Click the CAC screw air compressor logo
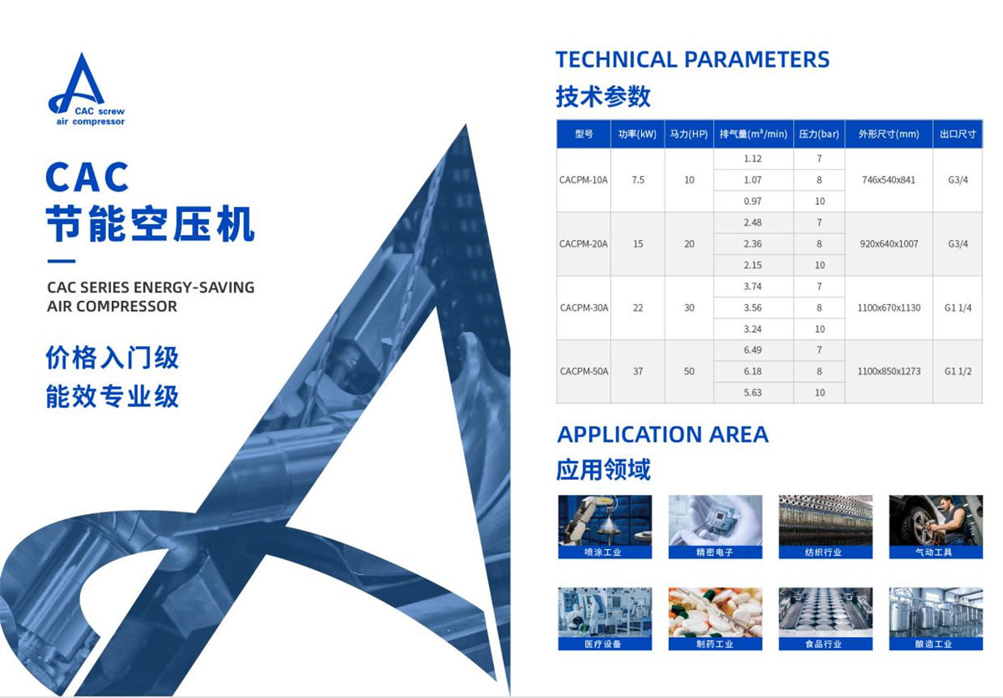click(x=85, y=89)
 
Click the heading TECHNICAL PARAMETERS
click(x=692, y=59)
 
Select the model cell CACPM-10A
click(x=583, y=180)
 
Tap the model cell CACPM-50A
click(x=584, y=371)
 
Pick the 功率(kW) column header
click(x=637, y=134)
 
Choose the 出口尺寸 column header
click(x=958, y=134)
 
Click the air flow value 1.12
click(x=753, y=159)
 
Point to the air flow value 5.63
click(x=753, y=393)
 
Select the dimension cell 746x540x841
click(x=888, y=180)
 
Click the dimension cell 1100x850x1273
click(x=888, y=371)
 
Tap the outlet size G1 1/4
click(x=958, y=308)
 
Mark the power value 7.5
click(x=638, y=180)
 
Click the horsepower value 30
click(x=689, y=308)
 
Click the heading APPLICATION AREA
click(x=663, y=435)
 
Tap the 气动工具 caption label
click(x=936, y=552)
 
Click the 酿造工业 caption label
click(x=936, y=644)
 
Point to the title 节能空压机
click(x=150, y=224)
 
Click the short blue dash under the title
click(x=61, y=261)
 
